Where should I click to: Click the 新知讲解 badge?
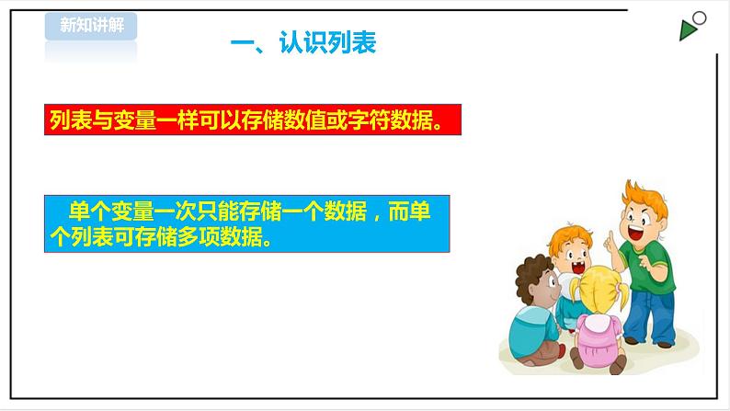pyautogui.click(x=90, y=26)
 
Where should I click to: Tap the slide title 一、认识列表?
pyautogui.click(x=302, y=43)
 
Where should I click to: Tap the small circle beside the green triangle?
pyautogui.click(x=700, y=17)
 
